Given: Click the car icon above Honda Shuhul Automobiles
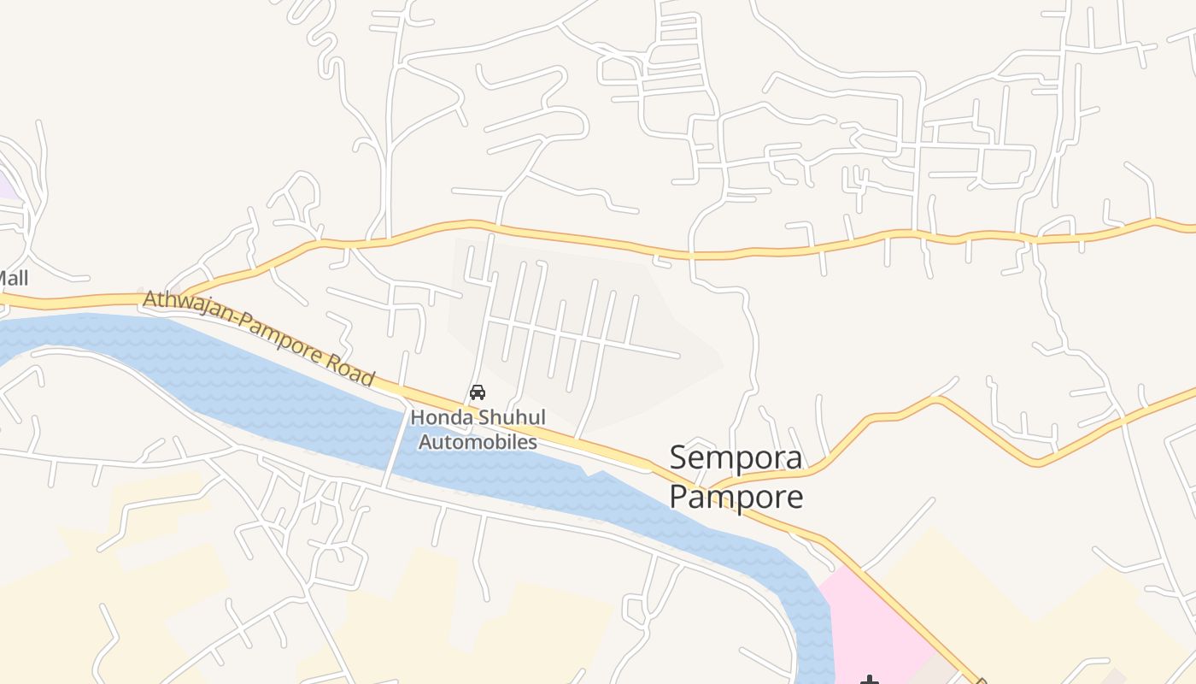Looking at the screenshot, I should tap(478, 392).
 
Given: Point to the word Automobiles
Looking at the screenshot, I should tap(478, 442).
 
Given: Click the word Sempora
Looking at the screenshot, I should tap(736, 458).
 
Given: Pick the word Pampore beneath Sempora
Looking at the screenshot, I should tap(736, 497).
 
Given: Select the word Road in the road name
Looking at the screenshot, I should tap(350, 366).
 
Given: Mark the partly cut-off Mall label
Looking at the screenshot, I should tap(13, 278).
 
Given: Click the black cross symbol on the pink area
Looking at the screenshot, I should tap(870, 680).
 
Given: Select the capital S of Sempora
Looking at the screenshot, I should tap(678, 458).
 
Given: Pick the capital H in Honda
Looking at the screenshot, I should tap(418, 418).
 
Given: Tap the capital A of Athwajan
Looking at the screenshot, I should tap(152, 298).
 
